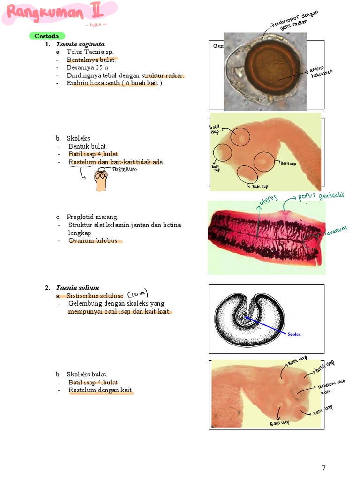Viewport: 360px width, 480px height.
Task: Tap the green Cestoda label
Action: [46, 36]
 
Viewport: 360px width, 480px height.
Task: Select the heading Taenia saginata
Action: [80, 44]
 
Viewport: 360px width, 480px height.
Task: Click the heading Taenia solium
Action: [77, 288]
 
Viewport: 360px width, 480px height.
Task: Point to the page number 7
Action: [323, 467]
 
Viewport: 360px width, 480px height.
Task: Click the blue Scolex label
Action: [294, 334]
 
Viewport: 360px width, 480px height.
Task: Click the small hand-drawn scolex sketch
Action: [101, 180]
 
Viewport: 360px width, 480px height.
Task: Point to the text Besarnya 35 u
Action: [87, 67]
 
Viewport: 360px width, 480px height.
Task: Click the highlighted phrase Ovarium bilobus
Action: [93, 241]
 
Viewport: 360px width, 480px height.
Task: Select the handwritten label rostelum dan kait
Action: [331, 387]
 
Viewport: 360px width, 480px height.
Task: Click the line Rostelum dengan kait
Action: [100, 390]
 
